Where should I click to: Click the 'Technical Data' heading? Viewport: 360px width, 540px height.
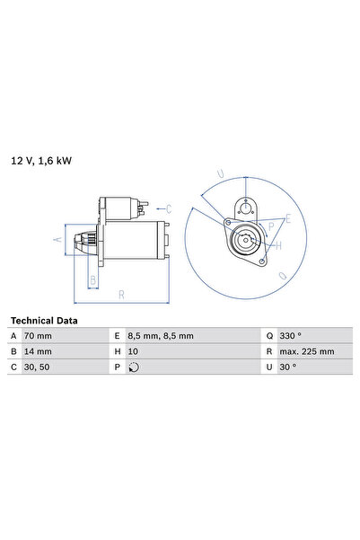tap(44, 321)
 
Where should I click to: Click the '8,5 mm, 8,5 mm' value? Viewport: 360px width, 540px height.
tap(161, 336)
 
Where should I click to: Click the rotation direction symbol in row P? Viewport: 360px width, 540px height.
tap(134, 367)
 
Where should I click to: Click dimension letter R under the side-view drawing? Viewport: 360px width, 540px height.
tap(120, 294)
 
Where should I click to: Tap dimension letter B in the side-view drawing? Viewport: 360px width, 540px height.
tap(92, 279)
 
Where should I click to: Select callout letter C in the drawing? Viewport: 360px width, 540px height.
tap(192, 208)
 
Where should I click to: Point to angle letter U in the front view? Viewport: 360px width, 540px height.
tap(221, 173)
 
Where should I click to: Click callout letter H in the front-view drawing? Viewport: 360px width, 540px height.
tap(279, 244)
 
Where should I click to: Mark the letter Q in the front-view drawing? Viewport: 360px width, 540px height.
tap(284, 276)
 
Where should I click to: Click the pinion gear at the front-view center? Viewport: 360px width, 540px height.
tap(245, 240)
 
